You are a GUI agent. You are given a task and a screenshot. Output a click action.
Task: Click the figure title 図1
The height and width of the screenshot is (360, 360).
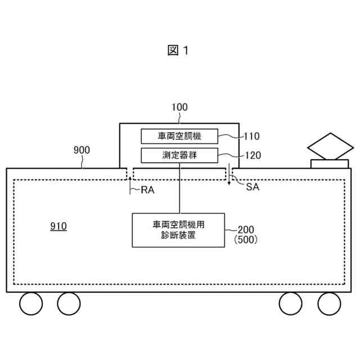pyautogui.click(x=179, y=50)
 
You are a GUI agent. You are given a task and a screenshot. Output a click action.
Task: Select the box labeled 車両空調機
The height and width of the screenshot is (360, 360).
pyautogui.click(x=179, y=136)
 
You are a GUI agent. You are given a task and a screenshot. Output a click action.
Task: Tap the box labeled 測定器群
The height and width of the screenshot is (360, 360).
pyautogui.click(x=179, y=155)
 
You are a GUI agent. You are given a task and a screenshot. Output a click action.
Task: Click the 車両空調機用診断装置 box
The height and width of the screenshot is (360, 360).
pyautogui.click(x=178, y=230)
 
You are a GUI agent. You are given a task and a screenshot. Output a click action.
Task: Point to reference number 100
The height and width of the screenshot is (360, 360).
pyautogui.click(x=179, y=107)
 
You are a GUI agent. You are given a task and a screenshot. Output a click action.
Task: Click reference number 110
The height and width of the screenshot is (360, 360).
pyautogui.click(x=251, y=136)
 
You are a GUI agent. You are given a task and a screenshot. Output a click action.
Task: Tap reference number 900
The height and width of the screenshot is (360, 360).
pyautogui.click(x=82, y=150)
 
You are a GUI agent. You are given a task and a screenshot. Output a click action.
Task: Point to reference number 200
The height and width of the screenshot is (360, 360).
pyautogui.click(x=245, y=229)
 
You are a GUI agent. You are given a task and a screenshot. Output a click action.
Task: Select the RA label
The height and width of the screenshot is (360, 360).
pyautogui.click(x=147, y=190)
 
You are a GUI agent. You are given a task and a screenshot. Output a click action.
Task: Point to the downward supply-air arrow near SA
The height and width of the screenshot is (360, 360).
pyautogui.click(x=229, y=177)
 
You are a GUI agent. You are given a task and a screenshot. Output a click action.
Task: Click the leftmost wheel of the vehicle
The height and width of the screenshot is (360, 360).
pyautogui.click(x=31, y=304)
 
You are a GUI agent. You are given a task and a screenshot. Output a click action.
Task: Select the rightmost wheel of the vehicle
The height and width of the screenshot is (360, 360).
pyautogui.click(x=329, y=304)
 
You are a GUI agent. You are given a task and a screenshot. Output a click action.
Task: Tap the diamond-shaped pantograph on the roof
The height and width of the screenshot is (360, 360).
pyautogui.click(x=330, y=147)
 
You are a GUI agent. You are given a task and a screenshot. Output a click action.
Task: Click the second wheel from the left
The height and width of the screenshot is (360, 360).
pyautogui.click(x=69, y=304)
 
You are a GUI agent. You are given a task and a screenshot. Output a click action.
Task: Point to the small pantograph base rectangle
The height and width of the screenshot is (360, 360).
pyautogui.click(x=330, y=164)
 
